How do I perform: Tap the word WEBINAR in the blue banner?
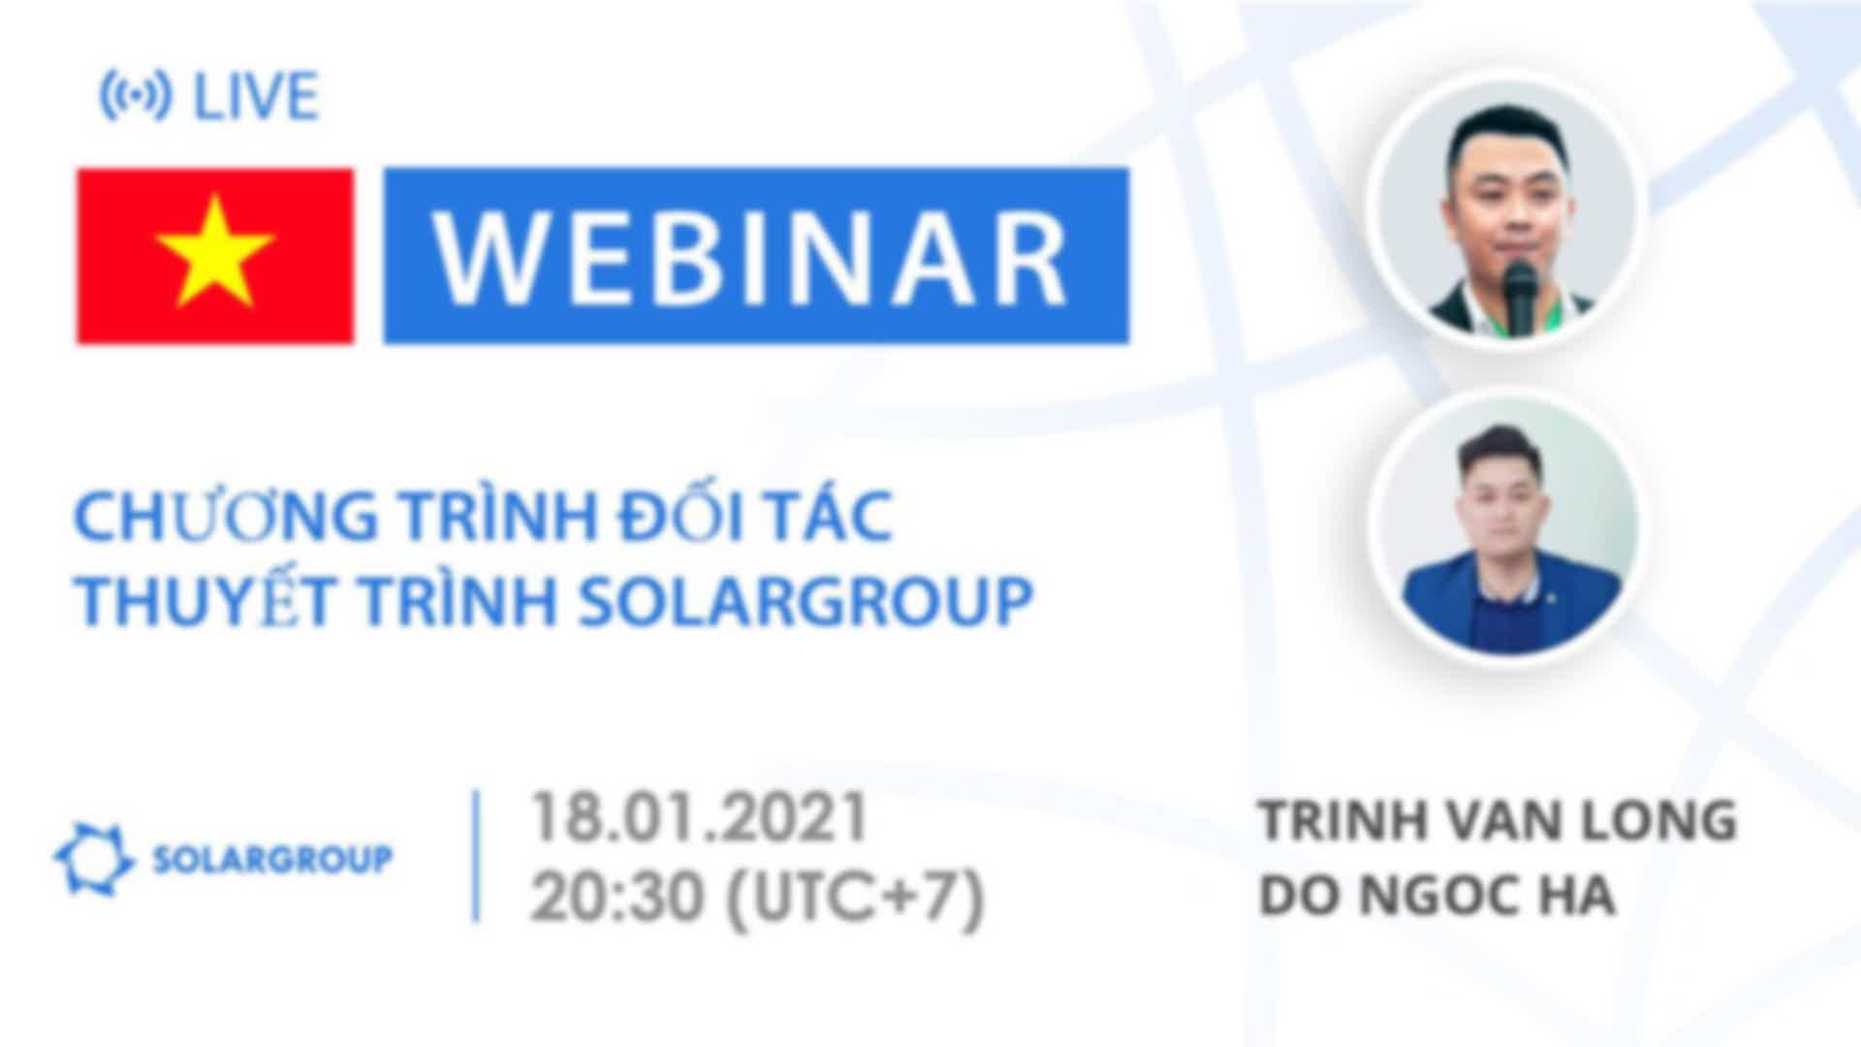point(752,257)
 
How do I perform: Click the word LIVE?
point(256,97)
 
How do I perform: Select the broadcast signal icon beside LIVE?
point(136,96)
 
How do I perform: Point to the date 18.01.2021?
point(698,818)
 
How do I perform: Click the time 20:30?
point(616,897)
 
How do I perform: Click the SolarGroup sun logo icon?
point(93,859)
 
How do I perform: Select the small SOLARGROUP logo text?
point(273,859)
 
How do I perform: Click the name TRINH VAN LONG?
point(1498,821)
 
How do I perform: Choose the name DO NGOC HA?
point(1436,897)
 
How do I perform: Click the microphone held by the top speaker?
point(1520,296)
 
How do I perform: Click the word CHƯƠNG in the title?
point(226,517)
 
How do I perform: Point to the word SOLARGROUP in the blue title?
point(804,602)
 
